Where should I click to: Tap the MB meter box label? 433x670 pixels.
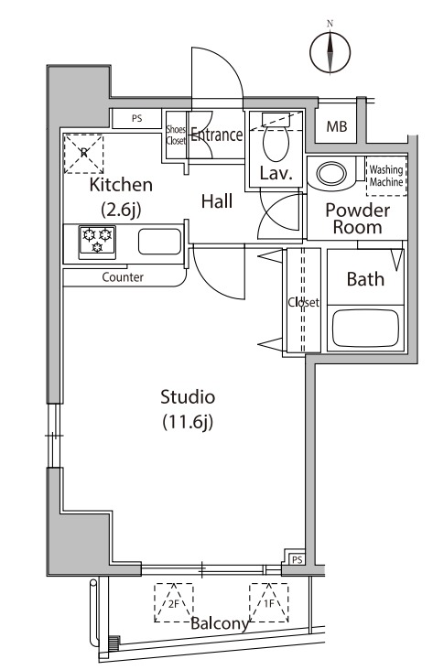tap(337, 126)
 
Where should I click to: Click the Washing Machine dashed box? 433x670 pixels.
tap(386, 176)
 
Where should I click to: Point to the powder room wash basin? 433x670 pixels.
tap(331, 174)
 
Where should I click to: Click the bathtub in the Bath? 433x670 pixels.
tap(365, 329)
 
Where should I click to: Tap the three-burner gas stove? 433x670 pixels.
tap(97, 242)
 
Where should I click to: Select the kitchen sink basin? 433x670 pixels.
tap(159, 242)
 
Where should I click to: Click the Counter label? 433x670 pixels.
tap(123, 277)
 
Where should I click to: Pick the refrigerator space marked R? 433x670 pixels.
tap(84, 154)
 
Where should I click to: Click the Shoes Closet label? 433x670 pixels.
tap(176, 135)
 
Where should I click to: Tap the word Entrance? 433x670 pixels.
tap(216, 135)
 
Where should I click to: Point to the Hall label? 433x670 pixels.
tap(217, 201)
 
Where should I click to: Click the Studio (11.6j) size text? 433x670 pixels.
tap(188, 409)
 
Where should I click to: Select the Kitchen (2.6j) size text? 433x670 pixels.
tap(121, 197)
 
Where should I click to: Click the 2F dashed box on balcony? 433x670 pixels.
tap(174, 602)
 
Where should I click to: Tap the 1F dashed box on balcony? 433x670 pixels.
tap(269, 602)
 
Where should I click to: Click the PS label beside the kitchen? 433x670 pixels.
tap(136, 119)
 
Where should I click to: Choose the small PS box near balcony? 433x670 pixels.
tap(298, 559)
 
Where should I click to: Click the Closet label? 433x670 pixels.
tap(304, 303)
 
